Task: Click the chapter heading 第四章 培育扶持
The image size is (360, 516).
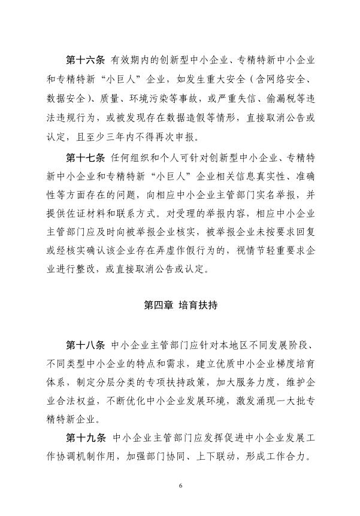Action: pyautogui.click(x=180, y=305)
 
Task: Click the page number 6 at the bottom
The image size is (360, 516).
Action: pyautogui.click(x=180, y=485)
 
